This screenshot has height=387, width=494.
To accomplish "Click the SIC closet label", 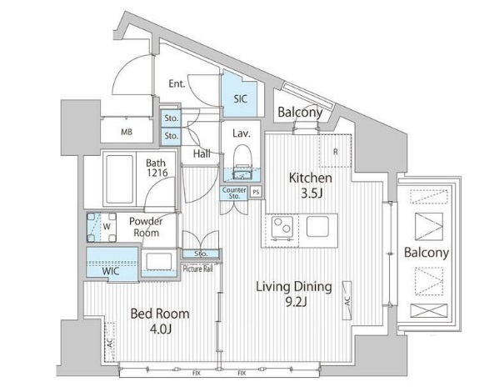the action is pyautogui.click(x=240, y=99).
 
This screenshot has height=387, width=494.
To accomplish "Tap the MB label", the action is pyautogui.click(x=127, y=132).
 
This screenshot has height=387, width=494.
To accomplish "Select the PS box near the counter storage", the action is pyautogui.click(x=256, y=192).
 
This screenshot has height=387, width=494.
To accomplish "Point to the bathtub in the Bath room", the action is pyautogui.click(x=119, y=179).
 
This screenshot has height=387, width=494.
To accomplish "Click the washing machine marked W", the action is pyautogui.click(x=102, y=227).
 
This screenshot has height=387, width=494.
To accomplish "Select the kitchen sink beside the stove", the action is pyautogui.click(x=317, y=227).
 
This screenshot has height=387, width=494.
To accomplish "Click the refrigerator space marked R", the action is pyautogui.click(x=335, y=151).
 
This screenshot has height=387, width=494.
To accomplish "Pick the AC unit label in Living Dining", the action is pyautogui.click(x=347, y=300).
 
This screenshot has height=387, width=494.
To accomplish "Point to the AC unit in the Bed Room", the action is pyautogui.click(x=109, y=342).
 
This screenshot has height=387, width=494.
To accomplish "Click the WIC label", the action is pyautogui.click(x=110, y=271).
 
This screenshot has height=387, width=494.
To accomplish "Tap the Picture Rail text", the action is pyautogui.click(x=198, y=269).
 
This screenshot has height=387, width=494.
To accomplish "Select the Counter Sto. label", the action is pyautogui.click(x=234, y=193).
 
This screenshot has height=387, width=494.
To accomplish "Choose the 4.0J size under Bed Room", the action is pyautogui.click(x=160, y=329).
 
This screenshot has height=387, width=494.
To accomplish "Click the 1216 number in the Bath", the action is pyautogui.click(x=157, y=173).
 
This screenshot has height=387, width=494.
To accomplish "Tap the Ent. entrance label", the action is pyautogui.click(x=177, y=83).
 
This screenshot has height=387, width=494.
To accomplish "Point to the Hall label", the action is pyautogui.click(x=202, y=154).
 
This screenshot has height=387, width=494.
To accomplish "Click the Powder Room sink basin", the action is pyautogui.click(x=159, y=261).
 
